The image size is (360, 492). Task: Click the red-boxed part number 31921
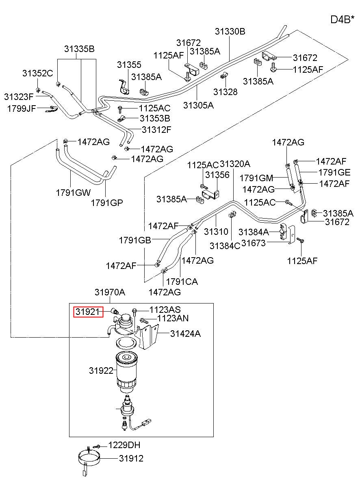click(x=88, y=312)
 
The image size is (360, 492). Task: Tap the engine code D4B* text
click(x=342, y=20)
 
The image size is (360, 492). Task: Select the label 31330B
click(x=230, y=31)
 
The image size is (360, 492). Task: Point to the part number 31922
click(x=101, y=371)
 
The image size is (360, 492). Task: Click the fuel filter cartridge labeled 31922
click(x=127, y=372)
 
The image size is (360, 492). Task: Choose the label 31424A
click(x=185, y=334)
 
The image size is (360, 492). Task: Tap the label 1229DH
click(x=124, y=445)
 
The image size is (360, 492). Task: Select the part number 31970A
click(x=110, y=292)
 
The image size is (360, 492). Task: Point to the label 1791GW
click(x=73, y=193)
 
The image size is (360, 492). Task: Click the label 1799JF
click(x=21, y=108)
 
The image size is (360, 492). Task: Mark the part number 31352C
click(x=37, y=73)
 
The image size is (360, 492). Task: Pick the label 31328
click(x=226, y=91)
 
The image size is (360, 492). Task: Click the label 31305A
click(x=198, y=105)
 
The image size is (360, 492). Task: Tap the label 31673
click(x=253, y=243)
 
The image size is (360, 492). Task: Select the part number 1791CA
click(x=182, y=282)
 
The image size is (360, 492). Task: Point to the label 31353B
click(x=155, y=118)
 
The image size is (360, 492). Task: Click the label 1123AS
click(x=165, y=310)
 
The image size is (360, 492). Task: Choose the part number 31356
click(x=217, y=175)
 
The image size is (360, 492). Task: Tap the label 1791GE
click(x=334, y=172)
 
